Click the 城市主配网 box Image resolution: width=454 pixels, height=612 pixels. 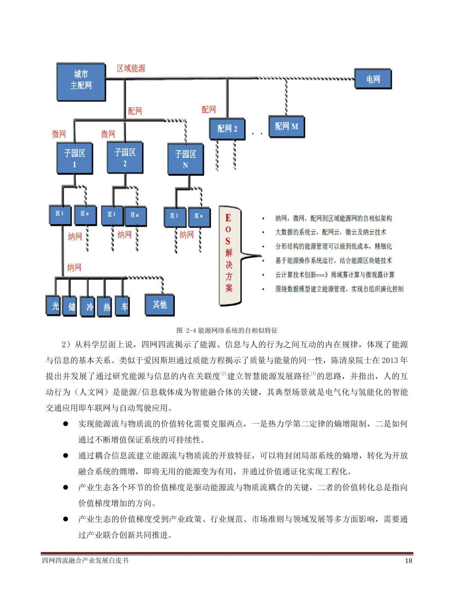[81, 82]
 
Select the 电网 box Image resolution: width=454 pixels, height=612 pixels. [372, 79]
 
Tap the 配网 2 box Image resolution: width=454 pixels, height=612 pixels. [227, 128]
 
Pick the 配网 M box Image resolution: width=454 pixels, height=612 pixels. [286, 126]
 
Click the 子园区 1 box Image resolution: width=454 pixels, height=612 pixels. [74, 158]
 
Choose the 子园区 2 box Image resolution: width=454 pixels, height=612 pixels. [125, 157]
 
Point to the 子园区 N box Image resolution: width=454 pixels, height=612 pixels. [185, 159]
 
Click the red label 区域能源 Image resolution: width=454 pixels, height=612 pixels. [131, 68]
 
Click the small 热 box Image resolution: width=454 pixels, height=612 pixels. [106, 307]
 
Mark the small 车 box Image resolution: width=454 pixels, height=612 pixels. [124, 306]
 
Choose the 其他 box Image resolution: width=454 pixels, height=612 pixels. [159, 304]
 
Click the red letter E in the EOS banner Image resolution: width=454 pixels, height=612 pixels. [228, 218]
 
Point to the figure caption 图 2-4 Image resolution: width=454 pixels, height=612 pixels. [227, 331]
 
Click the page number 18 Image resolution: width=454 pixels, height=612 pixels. [408, 560]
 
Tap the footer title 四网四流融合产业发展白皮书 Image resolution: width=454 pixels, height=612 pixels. [85, 560]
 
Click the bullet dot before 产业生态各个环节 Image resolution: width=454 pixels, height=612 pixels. [66, 487]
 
